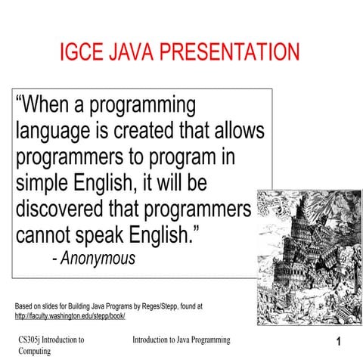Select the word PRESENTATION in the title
(x=231, y=53)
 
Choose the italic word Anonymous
(x=98, y=258)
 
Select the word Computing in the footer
(x=35, y=351)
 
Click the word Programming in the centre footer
(x=203, y=340)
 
